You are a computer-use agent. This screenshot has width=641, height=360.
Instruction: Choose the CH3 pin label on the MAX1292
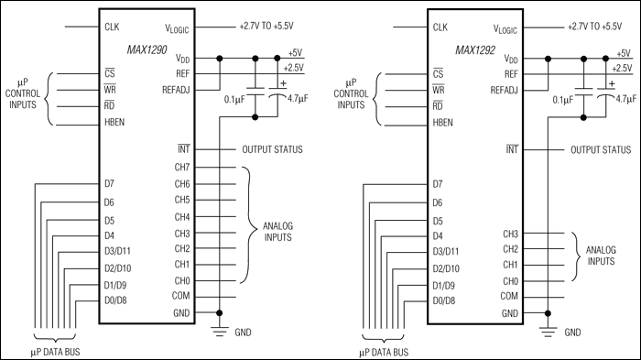(511, 234)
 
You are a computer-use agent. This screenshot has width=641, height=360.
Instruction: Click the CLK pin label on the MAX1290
(114, 27)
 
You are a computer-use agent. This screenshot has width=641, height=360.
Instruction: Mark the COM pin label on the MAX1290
(182, 297)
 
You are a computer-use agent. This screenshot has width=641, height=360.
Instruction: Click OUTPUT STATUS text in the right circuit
(601, 149)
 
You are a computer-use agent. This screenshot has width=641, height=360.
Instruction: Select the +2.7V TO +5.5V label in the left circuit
(272, 27)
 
